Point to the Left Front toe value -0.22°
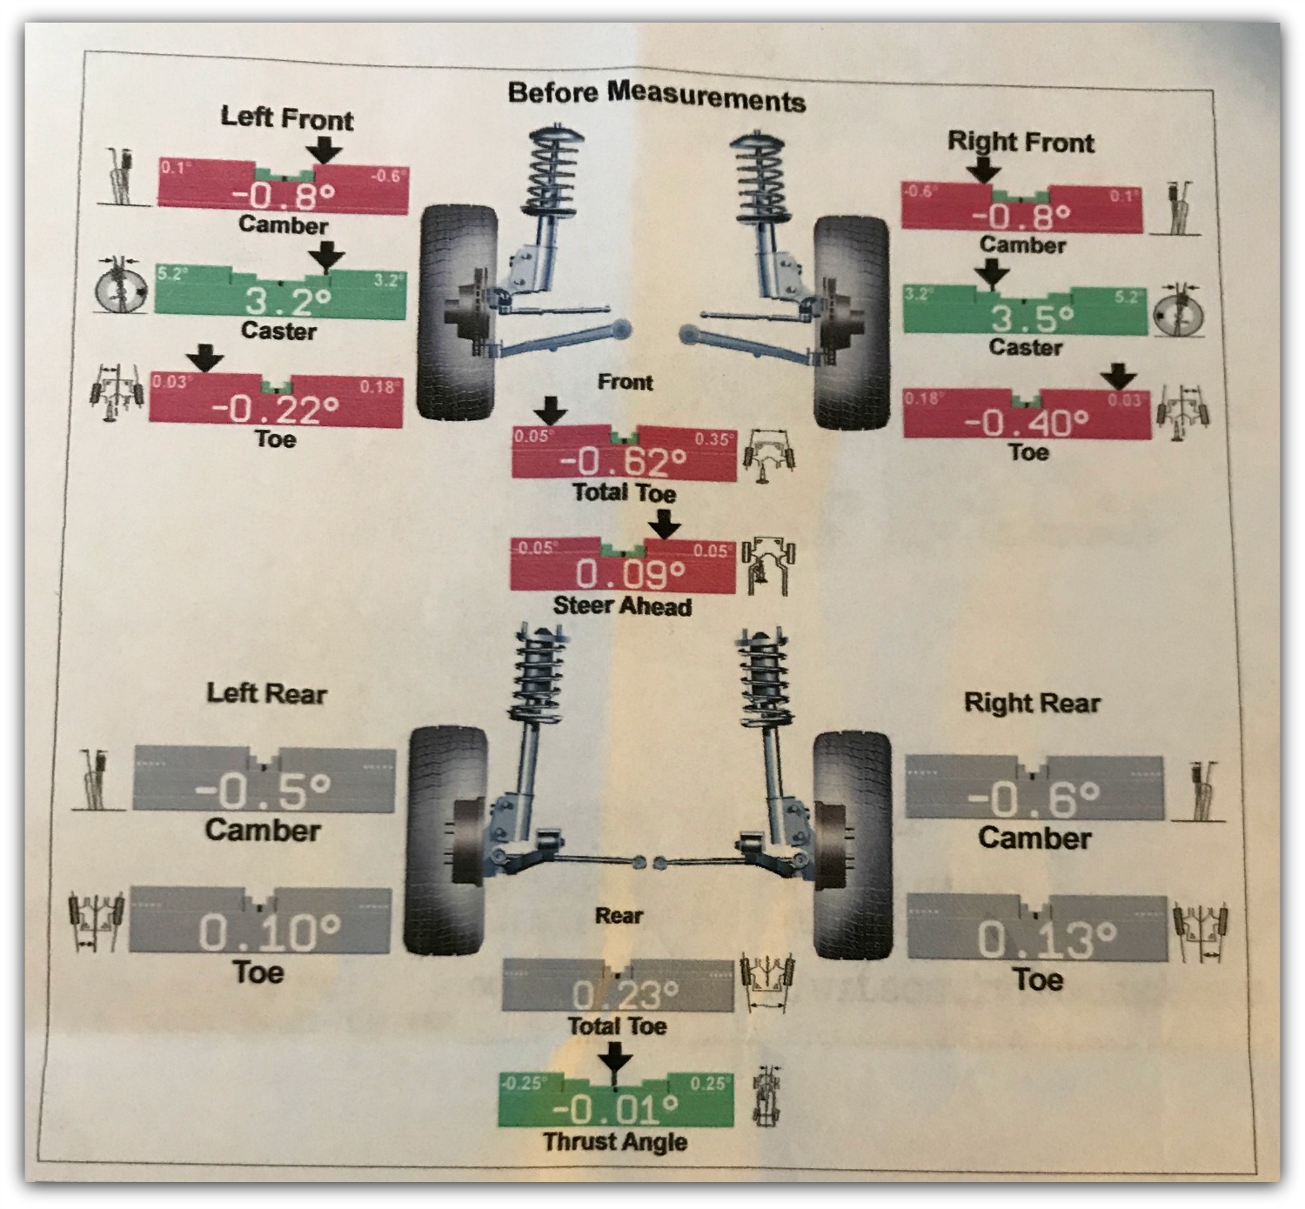click(277, 408)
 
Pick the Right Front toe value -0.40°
click(1026, 423)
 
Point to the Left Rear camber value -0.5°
click(263, 791)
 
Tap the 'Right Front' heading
click(1021, 141)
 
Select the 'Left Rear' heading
click(266, 693)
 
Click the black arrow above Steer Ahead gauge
click(666, 524)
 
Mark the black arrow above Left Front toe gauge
click(205, 357)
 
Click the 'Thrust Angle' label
click(615, 1141)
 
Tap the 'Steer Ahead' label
click(622, 605)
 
